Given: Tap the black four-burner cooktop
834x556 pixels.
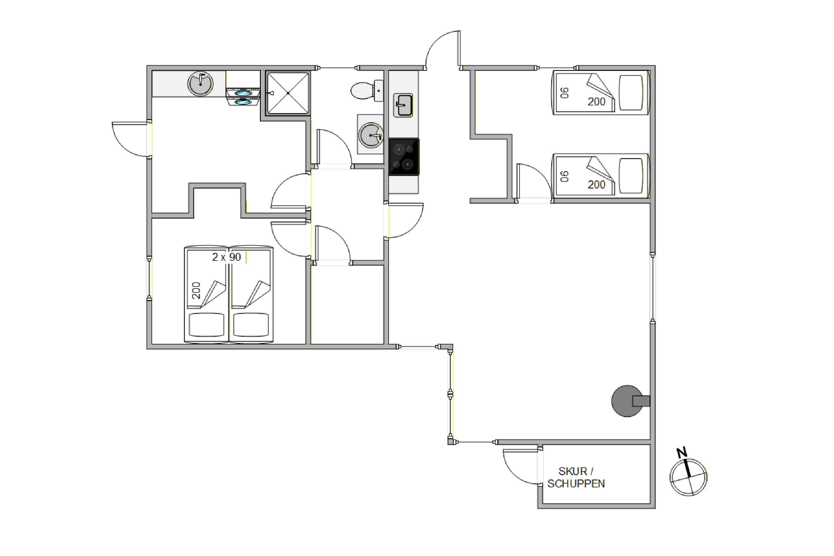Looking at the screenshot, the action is click(404, 157).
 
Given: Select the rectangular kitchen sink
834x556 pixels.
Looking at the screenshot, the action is click(403, 105).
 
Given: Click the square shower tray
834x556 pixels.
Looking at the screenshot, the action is click(288, 93).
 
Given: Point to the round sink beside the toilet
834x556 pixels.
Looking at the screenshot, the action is click(371, 135).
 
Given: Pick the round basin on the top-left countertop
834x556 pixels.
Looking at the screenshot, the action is click(200, 84).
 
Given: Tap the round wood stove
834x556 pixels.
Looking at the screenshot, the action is click(630, 401).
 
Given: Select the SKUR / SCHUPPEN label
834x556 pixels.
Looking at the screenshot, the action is click(576, 477).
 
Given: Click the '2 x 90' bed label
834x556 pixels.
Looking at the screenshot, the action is click(226, 257).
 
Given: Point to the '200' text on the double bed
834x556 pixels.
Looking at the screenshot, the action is click(196, 291).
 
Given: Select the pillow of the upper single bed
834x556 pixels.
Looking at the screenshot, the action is click(631, 93).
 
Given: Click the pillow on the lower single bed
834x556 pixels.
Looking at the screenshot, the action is click(631, 176).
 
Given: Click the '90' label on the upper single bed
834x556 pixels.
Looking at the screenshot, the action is click(565, 93).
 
